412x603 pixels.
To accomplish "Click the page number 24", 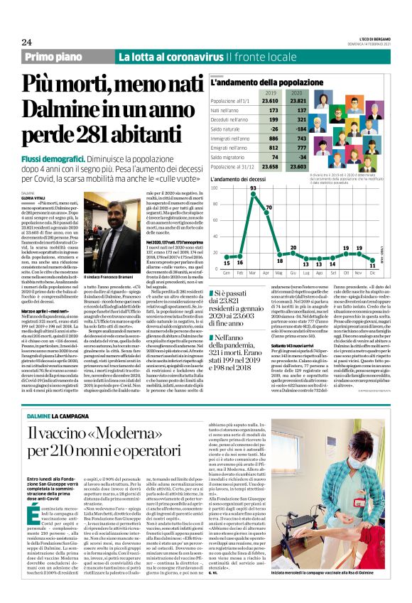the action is pyautogui.click(x=26, y=42).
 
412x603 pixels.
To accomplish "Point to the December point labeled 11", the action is pyautogui.click(x=372, y=261).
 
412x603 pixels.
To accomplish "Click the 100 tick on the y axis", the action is pyautogui.click(x=217, y=188).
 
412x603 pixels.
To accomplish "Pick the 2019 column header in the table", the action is pyautogui.click(x=271, y=93).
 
